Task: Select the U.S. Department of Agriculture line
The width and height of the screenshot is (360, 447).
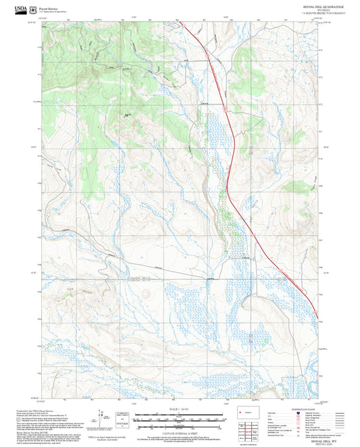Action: [53, 10]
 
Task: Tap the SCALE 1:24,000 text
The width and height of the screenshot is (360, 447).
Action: [179, 412]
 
